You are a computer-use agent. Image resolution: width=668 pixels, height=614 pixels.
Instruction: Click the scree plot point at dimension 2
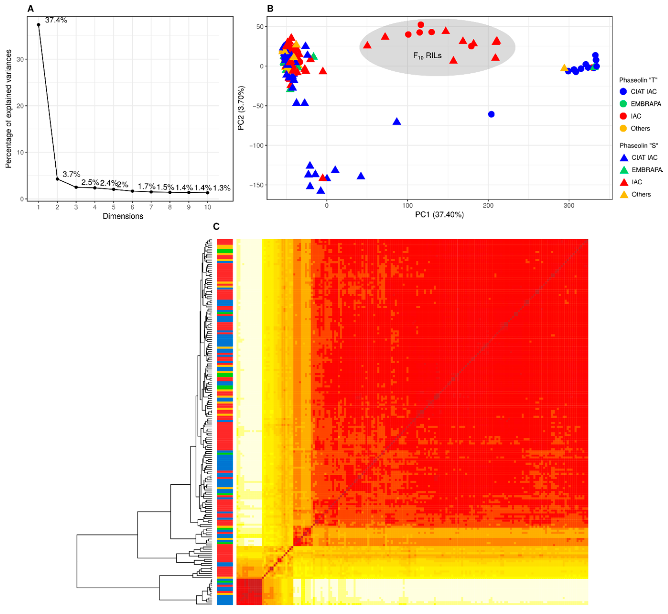point(57,179)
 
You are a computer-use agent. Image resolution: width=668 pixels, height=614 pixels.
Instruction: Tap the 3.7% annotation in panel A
point(71,174)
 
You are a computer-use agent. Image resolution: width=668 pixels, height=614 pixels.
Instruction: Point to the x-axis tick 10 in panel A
point(207,207)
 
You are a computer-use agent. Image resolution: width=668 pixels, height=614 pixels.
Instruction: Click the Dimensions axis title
point(123,216)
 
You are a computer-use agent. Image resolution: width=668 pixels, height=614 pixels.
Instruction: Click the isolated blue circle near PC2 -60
point(491,114)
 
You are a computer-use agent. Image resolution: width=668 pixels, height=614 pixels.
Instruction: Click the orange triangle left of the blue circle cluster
point(564,68)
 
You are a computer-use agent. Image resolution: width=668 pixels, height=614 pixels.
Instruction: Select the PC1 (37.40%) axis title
point(439,215)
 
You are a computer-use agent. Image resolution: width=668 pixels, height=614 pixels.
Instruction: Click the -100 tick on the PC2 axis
point(256,146)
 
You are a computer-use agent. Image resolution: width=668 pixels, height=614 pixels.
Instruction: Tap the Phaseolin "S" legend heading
point(638,146)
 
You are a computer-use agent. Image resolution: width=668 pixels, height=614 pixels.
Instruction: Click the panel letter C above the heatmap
point(216,227)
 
